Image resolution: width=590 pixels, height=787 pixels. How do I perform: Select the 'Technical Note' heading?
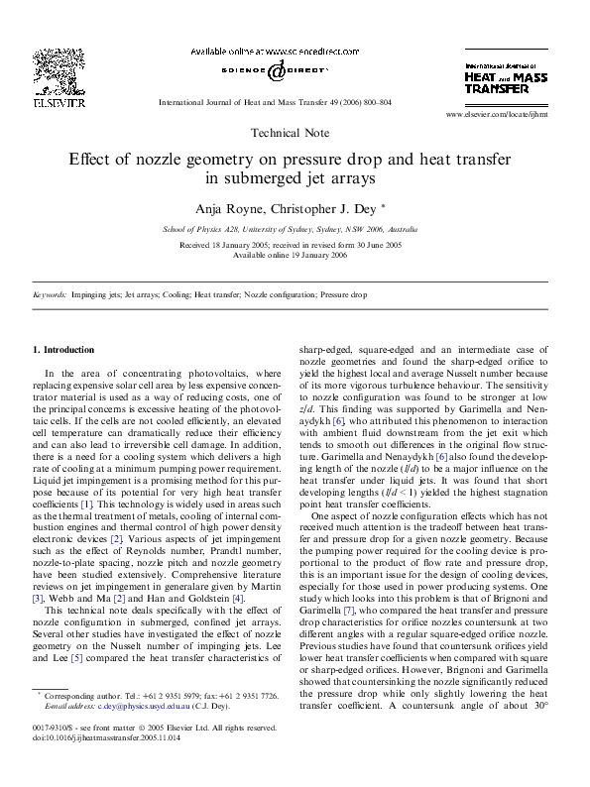point(295,131)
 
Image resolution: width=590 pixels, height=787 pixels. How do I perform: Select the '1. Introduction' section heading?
point(63,350)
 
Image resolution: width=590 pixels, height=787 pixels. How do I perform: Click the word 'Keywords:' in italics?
point(50,295)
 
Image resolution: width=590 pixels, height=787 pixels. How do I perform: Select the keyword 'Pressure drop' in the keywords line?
point(345,295)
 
